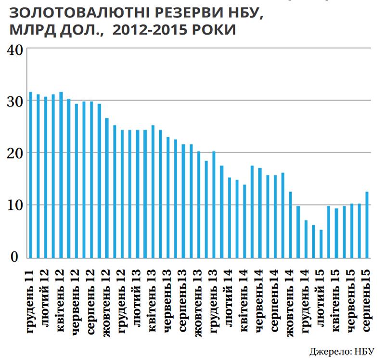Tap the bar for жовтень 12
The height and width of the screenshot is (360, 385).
click(107, 187)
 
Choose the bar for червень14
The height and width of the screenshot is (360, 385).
click(260, 212)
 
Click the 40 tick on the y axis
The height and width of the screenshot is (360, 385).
click(14, 49)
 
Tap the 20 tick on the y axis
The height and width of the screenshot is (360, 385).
click(14, 153)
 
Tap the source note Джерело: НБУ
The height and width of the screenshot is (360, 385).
click(342, 350)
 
